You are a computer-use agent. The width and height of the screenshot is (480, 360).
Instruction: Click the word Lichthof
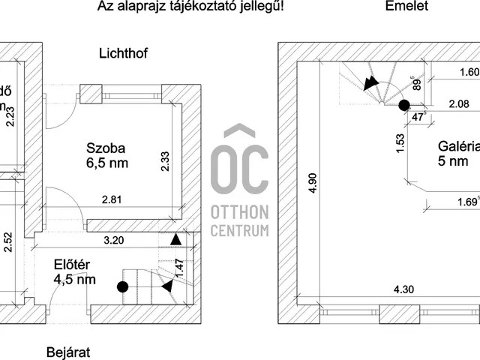tap(125, 54)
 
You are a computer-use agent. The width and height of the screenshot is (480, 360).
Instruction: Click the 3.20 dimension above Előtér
tap(114, 242)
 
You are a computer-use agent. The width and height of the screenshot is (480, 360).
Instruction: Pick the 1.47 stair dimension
tap(180, 267)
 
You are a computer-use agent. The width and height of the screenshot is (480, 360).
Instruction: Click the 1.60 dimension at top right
tap(468, 73)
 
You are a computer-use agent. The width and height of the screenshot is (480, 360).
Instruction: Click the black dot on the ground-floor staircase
tap(123, 286)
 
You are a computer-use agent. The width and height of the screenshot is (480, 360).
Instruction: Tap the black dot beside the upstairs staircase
tap(404, 105)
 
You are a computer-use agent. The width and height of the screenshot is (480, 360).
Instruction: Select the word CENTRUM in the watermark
tap(239, 229)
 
